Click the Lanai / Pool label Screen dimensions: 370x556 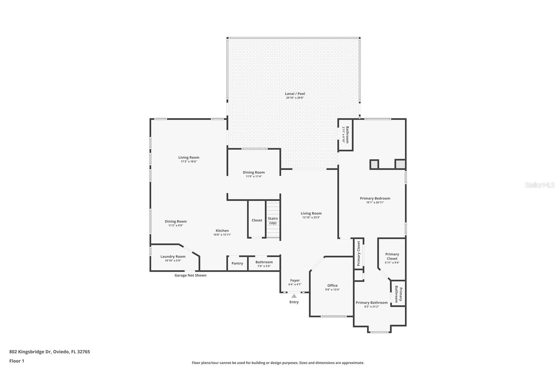tap(295, 94)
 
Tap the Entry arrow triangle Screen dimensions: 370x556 tap(294, 296)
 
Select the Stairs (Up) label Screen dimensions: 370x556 tap(273, 221)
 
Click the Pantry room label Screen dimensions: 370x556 tap(237, 263)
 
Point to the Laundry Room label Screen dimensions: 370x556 tap(173, 257)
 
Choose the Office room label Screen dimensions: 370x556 tap(332, 286)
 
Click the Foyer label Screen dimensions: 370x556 tap(295, 280)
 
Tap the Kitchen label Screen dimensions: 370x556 tap(222, 230)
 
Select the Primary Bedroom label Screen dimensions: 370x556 tap(375, 199)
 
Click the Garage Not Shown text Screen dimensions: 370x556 tap(190, 275)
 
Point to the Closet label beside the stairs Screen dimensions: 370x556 tap(257, 220)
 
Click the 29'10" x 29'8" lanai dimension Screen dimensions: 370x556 tap(295, 98)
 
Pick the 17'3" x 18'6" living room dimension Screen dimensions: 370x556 tap(189, 162)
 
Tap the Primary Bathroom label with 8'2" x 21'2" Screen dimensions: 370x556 tap(371, 303)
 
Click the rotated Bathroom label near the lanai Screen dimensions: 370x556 tap(347, 135)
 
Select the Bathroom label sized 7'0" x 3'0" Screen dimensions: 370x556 tap(264, 262)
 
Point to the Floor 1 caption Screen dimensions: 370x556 tap(17, 361)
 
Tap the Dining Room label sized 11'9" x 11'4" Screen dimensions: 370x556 tap(254, 173)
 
